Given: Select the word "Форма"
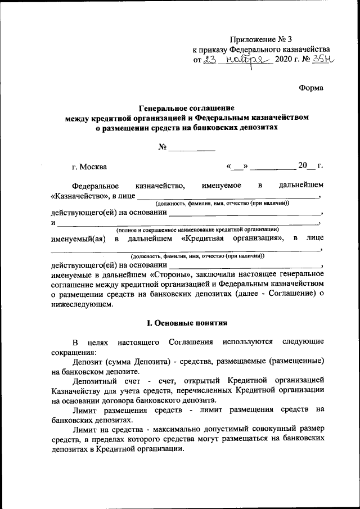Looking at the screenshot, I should (x=310, y=87).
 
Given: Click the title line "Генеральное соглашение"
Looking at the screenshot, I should (x=187, y=108).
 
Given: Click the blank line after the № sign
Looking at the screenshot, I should (x=192, y=148).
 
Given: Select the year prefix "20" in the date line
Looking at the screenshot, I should (x=303, y=166).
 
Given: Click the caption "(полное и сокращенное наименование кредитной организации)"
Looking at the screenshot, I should (x=197, y=230).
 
